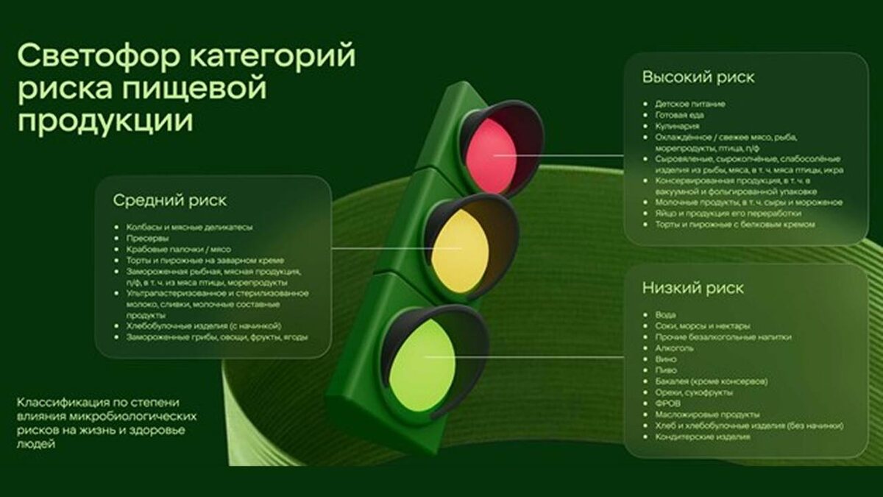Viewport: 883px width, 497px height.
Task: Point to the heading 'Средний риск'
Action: click(170, 200)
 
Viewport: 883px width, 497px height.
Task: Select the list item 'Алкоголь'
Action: click(670, 348)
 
